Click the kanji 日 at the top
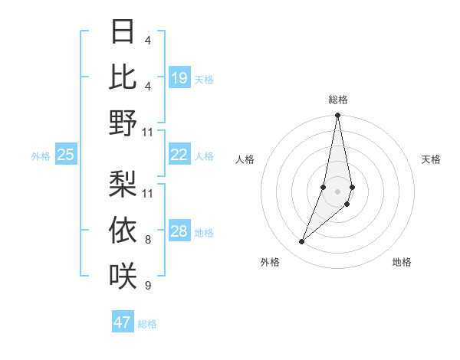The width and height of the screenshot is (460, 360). tap(123, 33)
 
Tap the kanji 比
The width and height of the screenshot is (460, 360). tap(123, 77)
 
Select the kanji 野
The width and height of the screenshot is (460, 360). tap(123, 123)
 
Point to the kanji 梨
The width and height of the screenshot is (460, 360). tap(123, 183)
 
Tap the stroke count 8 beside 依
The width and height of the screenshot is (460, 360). tap(147, 241)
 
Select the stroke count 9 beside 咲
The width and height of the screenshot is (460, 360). tap(147, 286)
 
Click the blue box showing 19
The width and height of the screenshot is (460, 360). tap(179, 78)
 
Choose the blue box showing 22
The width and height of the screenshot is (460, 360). tap(179, 155)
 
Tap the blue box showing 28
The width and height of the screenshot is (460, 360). tap(179, 232)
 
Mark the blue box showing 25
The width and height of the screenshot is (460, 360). tap(65, 155)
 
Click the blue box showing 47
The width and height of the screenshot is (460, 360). tap(123, 322)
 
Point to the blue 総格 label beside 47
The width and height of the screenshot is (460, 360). tap(147, 324)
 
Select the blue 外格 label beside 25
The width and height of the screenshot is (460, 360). tap(41, 156)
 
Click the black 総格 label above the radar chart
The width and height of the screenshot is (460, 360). tap(338, 100)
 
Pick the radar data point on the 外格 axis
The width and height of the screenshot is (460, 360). tap(302, 242)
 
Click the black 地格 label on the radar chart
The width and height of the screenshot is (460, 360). tap(402, 262)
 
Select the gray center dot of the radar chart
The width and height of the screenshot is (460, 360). tap(338, 191)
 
